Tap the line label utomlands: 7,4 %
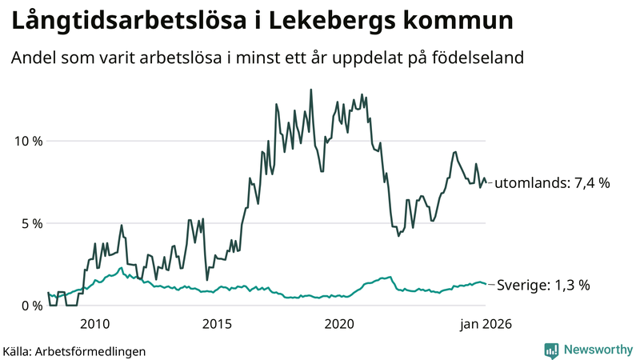[552, 183]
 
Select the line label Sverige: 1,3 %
[543, 284]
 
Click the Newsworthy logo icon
[551, 350]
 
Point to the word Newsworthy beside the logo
[596, 350]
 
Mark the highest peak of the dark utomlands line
[310, 90]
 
